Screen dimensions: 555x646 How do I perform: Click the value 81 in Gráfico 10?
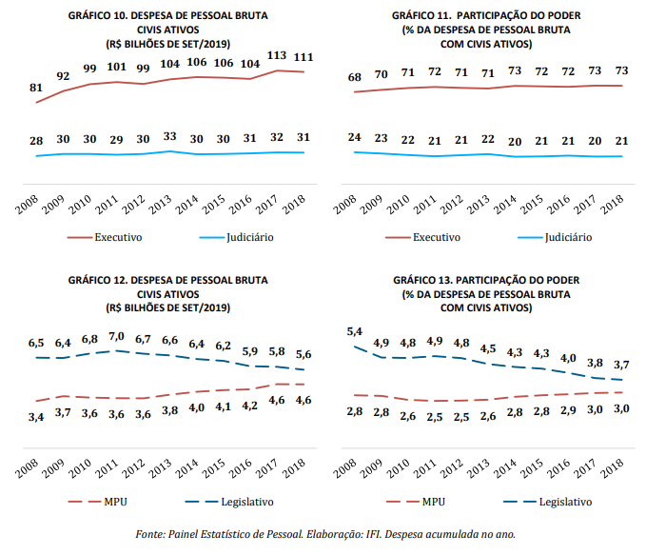tap(37, 88)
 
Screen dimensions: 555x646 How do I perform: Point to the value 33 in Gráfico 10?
tap(170, 136)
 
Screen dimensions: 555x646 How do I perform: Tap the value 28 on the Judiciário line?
tap(37, 141)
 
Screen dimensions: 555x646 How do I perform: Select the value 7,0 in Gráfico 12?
tap(117, 336)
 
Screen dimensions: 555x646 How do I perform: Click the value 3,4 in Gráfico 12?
tap(37, 416)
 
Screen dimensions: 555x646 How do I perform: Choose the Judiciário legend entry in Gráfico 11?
tap(567, 237)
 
